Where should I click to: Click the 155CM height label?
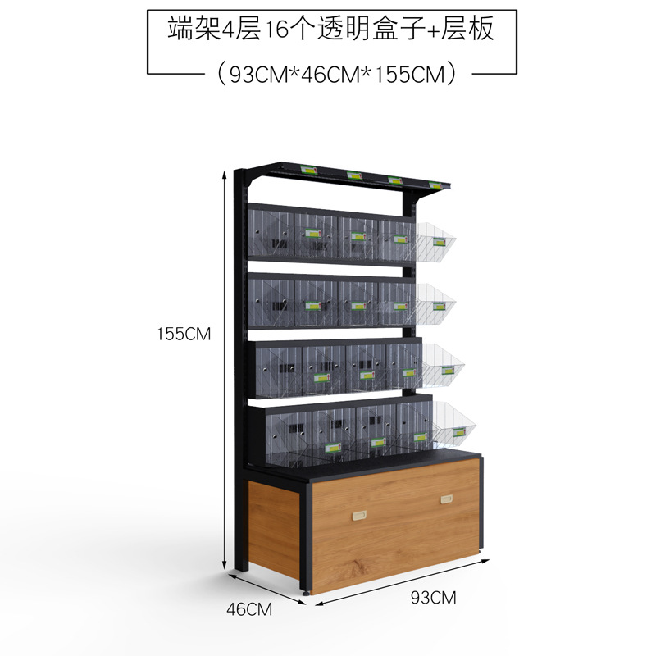pos(185,334)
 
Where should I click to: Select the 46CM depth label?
pos(248,609)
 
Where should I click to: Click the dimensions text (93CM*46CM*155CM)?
pos(332,74)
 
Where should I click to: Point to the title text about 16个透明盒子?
pos(330,30)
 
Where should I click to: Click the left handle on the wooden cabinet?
pos(358,514)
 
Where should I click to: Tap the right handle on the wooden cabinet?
pos(447,499)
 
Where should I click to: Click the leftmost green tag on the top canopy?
pos(309,171)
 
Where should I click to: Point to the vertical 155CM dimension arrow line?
pos(225,369)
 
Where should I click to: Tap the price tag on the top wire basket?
pos(440,241)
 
